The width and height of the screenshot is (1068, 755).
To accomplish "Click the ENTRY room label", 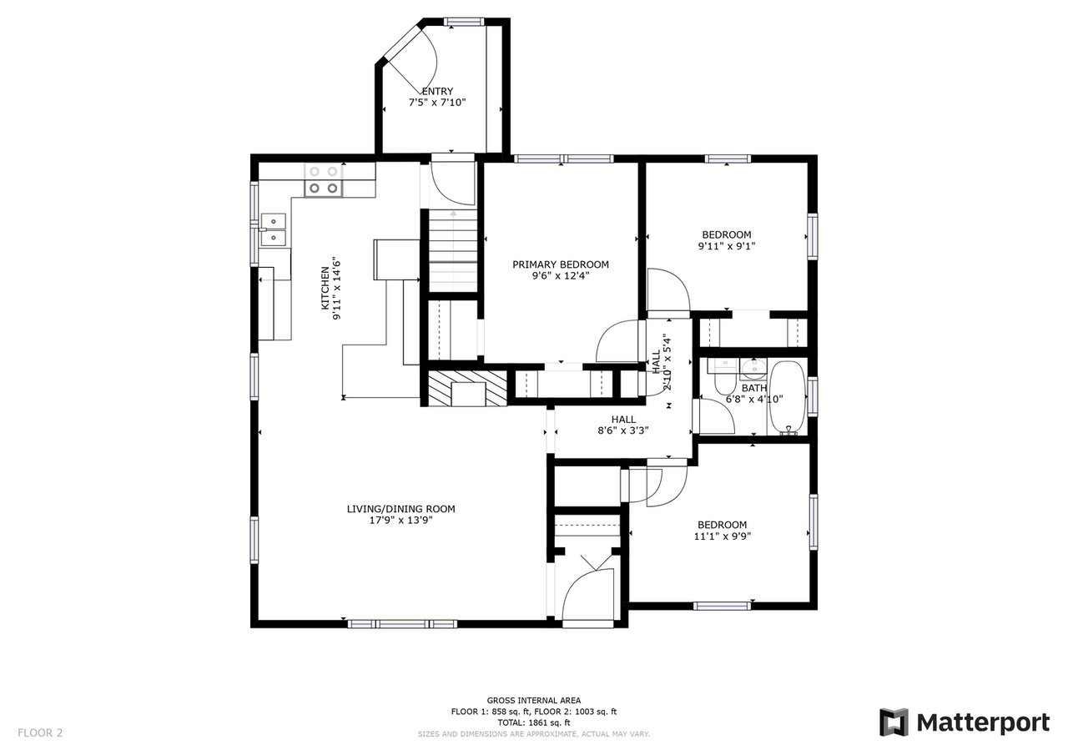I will coord(437,92).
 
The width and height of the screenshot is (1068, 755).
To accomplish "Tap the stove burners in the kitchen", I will coord(324,179).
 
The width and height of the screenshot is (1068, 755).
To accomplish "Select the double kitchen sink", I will coord(273,229).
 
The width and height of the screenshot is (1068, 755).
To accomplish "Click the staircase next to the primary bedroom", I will coord(453,250).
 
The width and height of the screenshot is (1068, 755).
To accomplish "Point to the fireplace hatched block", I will coord(468,388).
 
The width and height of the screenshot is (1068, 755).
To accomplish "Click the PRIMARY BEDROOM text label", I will coord(560,264).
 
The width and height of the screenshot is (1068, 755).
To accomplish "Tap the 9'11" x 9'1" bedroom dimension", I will coord(726,247).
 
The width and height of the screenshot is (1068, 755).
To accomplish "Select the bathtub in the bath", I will coord(787,398).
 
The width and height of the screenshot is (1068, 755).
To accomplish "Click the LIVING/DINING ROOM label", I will coord(400,509).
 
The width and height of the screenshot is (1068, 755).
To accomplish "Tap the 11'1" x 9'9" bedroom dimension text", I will coord(722,537).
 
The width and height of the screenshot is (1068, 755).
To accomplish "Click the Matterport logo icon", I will coord(894,722).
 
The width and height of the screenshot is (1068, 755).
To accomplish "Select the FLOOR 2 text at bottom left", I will coord(40,733).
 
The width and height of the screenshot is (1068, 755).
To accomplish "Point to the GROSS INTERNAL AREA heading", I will coord(534,701).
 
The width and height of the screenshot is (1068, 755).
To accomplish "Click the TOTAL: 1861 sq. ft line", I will coord(534,722).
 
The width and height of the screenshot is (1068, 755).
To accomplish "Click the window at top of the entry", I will coord(465,22).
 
